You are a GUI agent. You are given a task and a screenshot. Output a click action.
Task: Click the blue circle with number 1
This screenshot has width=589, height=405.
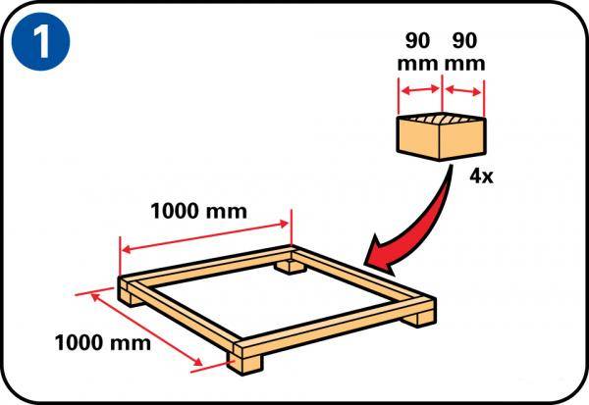point(40,41)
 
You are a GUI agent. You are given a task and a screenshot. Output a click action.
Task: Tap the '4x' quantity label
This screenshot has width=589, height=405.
point(481,176)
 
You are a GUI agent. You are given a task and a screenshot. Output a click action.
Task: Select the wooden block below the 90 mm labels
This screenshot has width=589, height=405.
point(442,137)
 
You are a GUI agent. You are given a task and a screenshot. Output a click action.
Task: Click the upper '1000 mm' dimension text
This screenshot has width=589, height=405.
point(198,211)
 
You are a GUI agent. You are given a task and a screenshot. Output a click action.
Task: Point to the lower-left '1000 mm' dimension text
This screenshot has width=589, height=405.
point(103,342)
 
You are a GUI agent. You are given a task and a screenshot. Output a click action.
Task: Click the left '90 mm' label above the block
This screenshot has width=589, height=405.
point(418,52)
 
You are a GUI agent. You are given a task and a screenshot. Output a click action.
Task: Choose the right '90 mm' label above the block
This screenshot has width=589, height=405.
point(465,52)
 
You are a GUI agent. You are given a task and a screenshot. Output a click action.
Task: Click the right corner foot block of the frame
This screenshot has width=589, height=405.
point(419,319)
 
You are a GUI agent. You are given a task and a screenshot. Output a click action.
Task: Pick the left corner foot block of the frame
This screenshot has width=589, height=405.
point(131,298)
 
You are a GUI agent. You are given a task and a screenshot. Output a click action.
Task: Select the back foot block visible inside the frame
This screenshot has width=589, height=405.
point(289,268)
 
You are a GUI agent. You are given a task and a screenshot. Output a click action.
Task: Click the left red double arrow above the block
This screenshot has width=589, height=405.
point(420,89)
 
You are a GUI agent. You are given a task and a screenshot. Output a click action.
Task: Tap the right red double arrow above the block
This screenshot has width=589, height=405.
point(463,90)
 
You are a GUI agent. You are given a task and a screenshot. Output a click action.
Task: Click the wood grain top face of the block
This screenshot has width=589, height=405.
point(442,119)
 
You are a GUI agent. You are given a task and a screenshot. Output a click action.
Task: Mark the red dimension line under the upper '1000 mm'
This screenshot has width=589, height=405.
point(205,236)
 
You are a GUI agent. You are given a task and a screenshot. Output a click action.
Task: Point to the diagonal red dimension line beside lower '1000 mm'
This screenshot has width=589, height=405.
point(146,329)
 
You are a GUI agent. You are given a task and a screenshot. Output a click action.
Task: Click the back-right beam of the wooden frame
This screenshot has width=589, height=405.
point(362,277)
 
